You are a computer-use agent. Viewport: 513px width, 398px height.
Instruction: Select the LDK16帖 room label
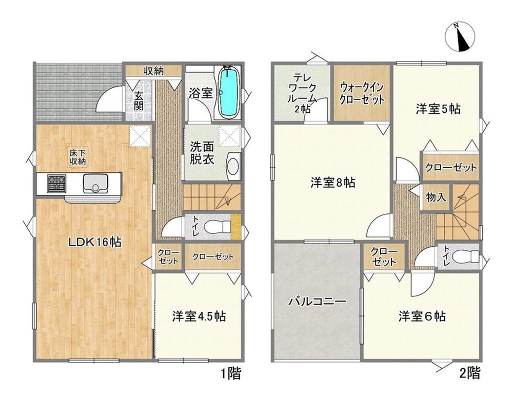pyautogui.click(x=95, y=242)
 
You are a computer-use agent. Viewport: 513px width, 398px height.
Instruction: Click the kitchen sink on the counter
pyautogui.click(x=96, y=184)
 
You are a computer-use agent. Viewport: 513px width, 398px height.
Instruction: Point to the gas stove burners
pyautogui.click(x=56, y=184)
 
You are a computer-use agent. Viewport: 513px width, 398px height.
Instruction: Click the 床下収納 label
pyautogui.click(x=77, y=156)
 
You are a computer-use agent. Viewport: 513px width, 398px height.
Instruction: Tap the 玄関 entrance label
pyautogui.click(x=138, y=101)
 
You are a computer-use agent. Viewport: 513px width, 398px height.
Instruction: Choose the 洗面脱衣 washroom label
pyautogui.click(x=202, y=153)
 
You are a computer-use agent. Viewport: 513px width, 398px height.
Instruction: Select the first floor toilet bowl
pyautogui.click(x=218, y=226)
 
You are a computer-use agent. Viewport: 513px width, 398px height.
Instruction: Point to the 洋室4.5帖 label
pyautogui.click(x=199, y=316)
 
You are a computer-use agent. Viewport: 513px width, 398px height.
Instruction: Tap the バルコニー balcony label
pyautogui.click(x=317, y=302)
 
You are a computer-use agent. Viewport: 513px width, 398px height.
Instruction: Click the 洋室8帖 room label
pyautogui.click(x=332, y=183)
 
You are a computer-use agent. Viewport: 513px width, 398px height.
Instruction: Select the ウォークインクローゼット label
pyautogui.click(x=362, y=93)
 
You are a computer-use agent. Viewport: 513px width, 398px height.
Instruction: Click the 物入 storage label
pyautogui.click(x=436, y=197)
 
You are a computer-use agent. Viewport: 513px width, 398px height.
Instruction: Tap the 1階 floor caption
pyautogui.click(x=230, y=373)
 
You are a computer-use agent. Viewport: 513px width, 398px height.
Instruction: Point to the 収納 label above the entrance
pyautogui.click(x=154, y=71)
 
